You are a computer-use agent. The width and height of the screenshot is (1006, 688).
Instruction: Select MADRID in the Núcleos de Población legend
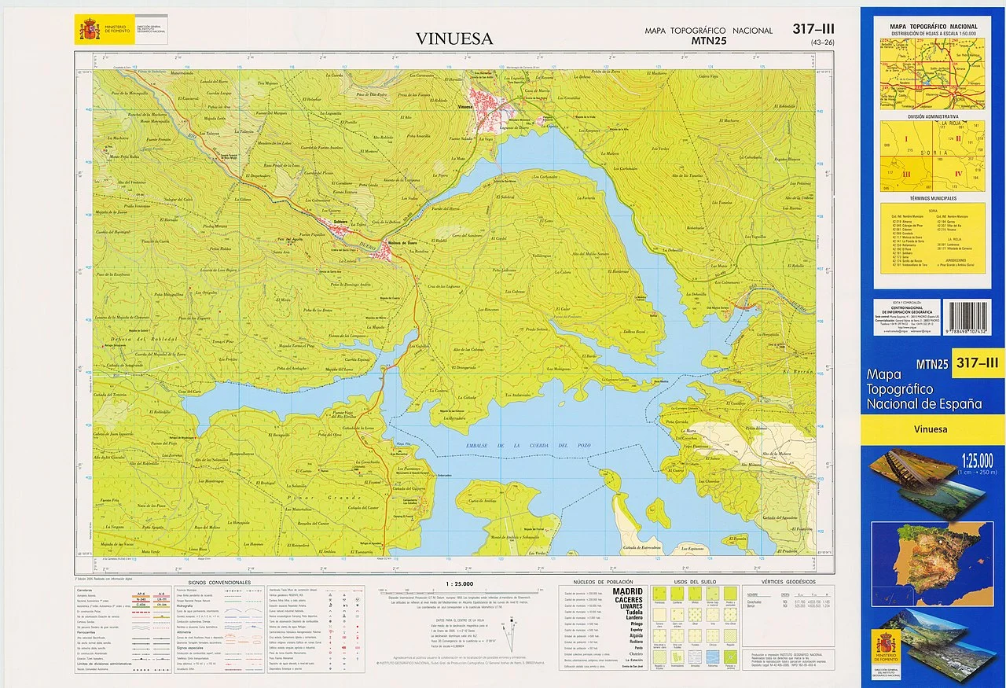coord(627,591)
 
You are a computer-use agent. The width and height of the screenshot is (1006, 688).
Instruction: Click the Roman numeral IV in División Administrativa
coord(957,173)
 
